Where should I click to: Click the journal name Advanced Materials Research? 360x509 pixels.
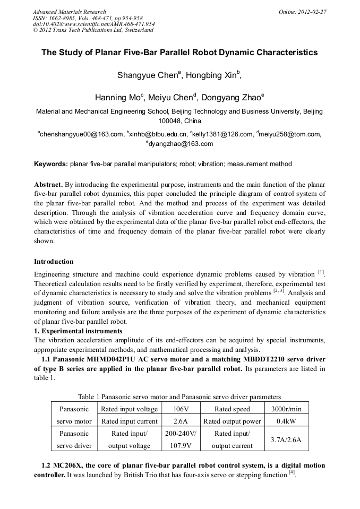(x=70, y=12)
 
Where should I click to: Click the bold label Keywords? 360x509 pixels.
(x=51, y=165)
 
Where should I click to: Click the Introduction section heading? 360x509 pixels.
(x=54, y=262)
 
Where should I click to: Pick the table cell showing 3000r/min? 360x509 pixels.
(x=286, y=409)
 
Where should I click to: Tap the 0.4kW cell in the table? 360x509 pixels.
(x=286, y=421)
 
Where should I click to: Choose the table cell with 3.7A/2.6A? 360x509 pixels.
(x=286, y=440)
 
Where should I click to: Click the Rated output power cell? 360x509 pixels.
(x=232, y=421)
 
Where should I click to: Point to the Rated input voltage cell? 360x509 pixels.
(x=130, y=409)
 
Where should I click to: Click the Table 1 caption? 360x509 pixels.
(x=179, y=397)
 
